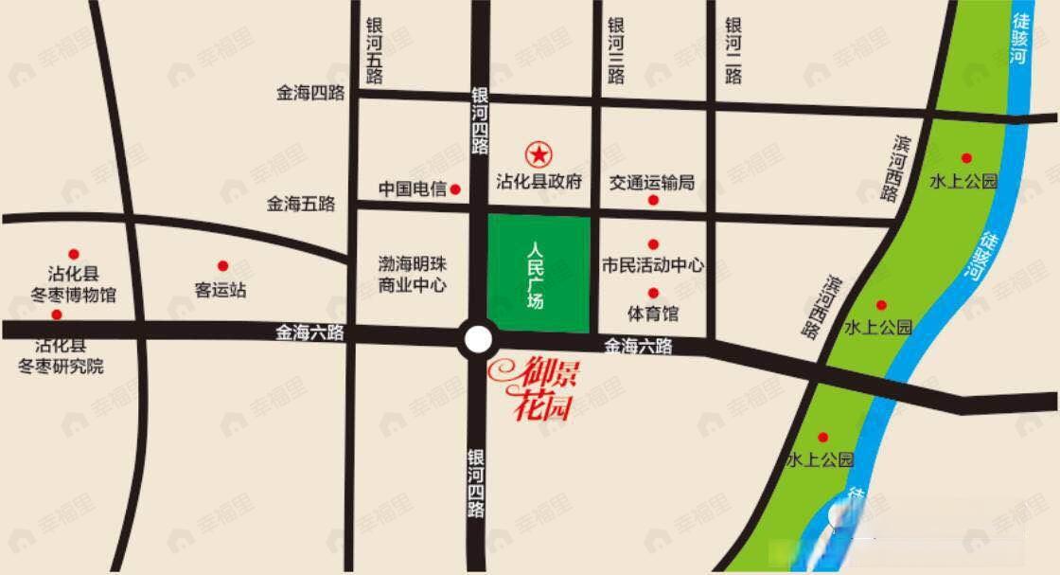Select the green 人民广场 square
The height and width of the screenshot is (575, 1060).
(x=539, y=273)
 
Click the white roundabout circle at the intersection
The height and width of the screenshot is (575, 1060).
(x=479, y=339)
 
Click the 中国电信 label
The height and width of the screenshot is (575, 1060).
(x=412, y=189)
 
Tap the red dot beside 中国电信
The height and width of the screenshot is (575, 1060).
(x=455, y=189)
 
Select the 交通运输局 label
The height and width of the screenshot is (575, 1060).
(x=652, y=182)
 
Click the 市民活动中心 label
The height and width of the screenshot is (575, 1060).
(x=653, y=265)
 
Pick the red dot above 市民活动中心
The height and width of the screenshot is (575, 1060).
(x=653, y=244)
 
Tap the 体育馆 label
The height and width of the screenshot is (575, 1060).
(x=653, y=312)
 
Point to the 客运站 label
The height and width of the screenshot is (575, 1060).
(x=221, y=290)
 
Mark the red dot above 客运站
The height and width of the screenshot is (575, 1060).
(x=223, y=266)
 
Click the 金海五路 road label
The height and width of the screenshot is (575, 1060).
(x=301, y=203)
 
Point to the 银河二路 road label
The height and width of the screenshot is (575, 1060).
(x=733, y=51)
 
